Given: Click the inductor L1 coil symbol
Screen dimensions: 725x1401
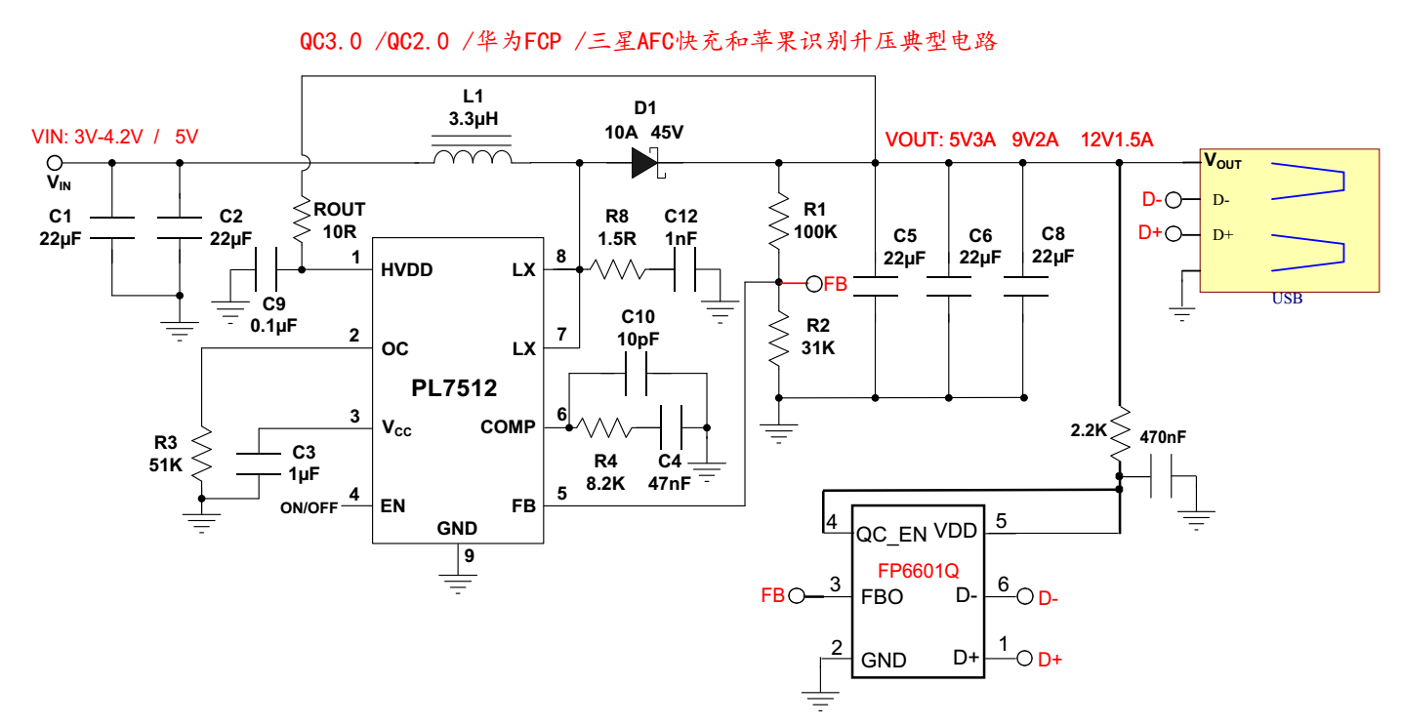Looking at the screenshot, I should tap(472, 156).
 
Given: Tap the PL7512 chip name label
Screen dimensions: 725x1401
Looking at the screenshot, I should tap(454, 388).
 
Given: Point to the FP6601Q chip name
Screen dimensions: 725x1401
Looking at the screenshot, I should tap(918, 568).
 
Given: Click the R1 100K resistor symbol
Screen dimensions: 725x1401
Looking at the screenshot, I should tap(778, 221).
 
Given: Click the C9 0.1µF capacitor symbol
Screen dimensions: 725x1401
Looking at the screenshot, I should tap(266, 269).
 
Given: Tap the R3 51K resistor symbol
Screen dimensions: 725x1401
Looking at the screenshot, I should tap(201, 453).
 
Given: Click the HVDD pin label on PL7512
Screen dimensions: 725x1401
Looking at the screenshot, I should tap(408, 270).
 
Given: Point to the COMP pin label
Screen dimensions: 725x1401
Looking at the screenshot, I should tap(508, 427).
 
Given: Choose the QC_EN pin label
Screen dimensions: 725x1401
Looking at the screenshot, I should tap(890, 534).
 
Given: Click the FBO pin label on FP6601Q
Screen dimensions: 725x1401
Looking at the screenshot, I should tap(882, 596).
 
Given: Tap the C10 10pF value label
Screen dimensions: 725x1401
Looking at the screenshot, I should tap(639, 339).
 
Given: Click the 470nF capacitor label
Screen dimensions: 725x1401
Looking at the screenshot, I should tap(1163, 438).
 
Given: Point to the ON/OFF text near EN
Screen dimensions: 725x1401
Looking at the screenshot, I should tap(309, 507).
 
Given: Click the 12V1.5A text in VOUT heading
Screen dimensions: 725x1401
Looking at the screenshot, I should tap(1117, 139).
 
